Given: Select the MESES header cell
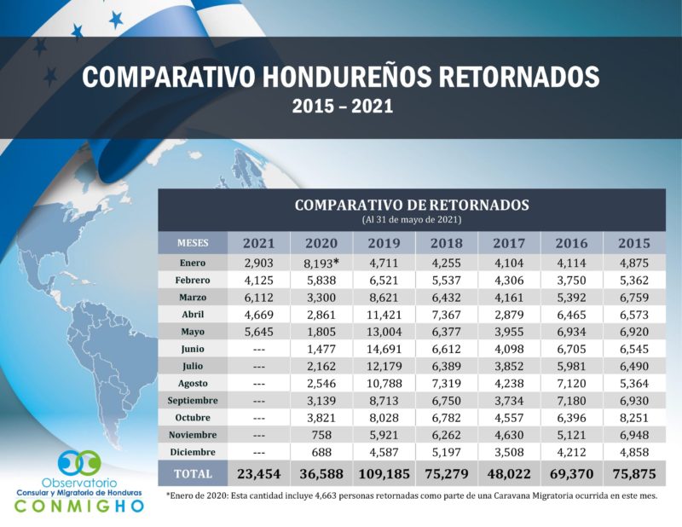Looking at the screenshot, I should pyautogui.click(x=193, y=243).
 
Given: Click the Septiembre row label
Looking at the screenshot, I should pyautogui.click(x=193, y=400).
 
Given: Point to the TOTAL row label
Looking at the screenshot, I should pyautogui.click(x=193, y=472).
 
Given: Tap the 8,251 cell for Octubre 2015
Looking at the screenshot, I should pyautogui.click(x=636, y=417).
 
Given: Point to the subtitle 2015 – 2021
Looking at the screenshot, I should pyautogui.click(x=341, y=107).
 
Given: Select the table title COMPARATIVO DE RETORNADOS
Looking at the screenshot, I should pyautogui.click(x=412, y=205).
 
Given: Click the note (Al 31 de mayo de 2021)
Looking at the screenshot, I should pyautogui.click(x=412, y=219).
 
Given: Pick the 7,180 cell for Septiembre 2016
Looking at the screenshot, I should pyautogui.click(x=573, y=400).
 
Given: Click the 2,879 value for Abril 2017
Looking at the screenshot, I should pyautogui.click(x=510, y=314).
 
